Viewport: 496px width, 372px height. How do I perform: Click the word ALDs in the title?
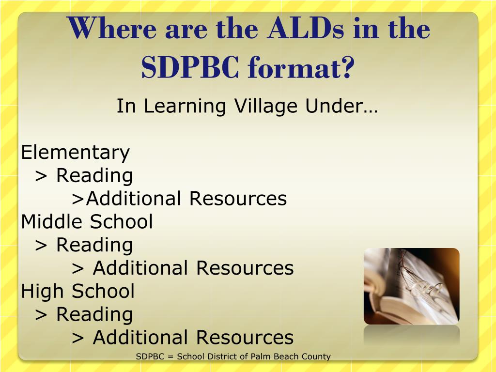point(305,28)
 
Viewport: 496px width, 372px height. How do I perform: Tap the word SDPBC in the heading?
point(190,67)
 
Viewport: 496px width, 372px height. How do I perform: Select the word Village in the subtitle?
point(266,106)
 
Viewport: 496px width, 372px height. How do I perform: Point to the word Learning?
point(185,106)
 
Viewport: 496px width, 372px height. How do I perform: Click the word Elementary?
point(75,153)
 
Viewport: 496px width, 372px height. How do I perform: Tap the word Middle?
point(51,221)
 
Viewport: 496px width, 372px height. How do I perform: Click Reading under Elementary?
point(94,176)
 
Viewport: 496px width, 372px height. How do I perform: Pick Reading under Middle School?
point(94,246)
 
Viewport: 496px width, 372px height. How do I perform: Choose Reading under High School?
point(94,315)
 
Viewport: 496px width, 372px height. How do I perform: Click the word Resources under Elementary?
point(238,199)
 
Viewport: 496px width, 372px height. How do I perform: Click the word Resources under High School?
point(245,338)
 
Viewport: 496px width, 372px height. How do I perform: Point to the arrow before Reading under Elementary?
point(41,177)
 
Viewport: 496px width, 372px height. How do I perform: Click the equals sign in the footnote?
point(170,357)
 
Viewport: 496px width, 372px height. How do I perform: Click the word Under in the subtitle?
point(341,106)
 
